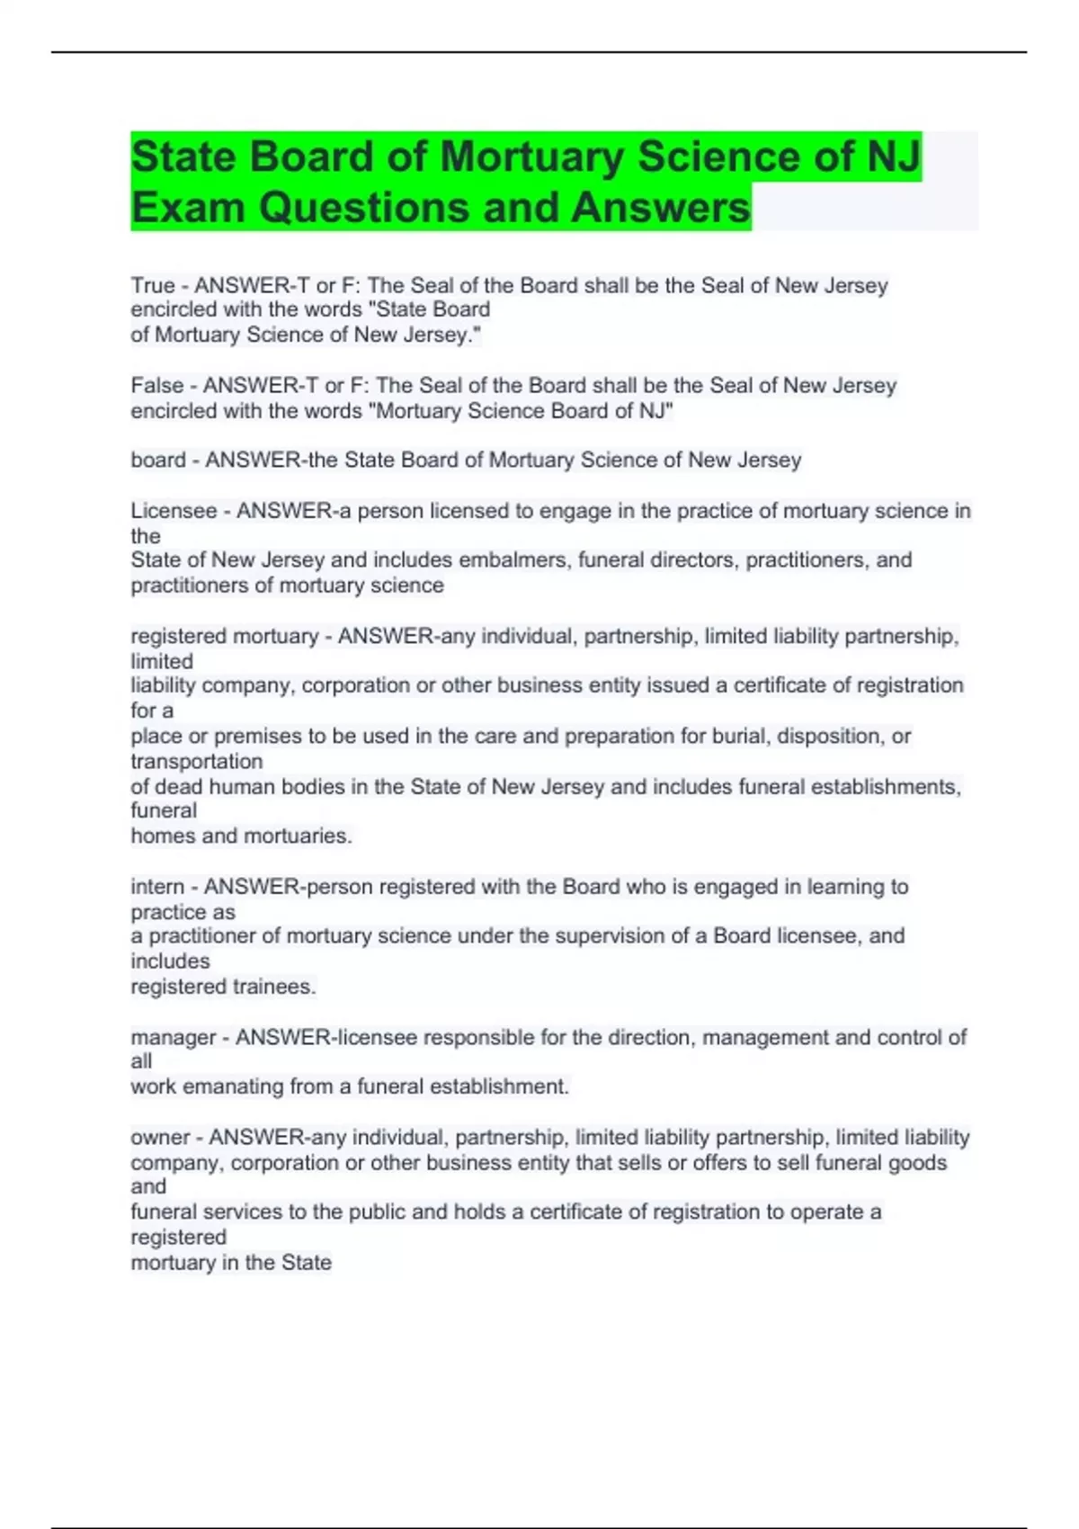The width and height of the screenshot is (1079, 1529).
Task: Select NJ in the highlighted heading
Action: tap(894, 156)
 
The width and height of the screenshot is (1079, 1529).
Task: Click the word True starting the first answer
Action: tap(153, 286)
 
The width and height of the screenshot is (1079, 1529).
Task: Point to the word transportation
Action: tap(197, 761)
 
